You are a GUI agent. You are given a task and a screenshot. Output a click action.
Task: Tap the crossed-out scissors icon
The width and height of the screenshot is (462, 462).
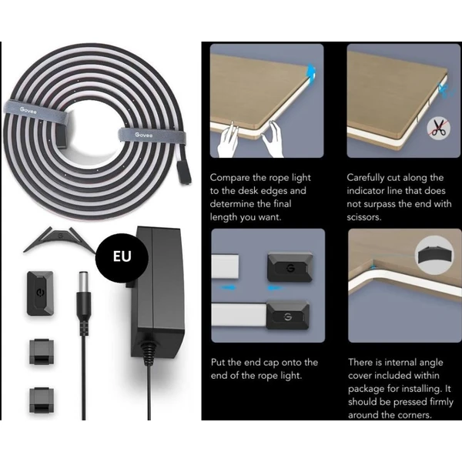tap(439, 128)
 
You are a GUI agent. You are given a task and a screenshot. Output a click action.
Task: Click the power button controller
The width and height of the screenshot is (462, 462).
tap(40, 293)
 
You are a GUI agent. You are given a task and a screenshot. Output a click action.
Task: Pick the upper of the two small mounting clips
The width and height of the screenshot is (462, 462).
tap(42, 352)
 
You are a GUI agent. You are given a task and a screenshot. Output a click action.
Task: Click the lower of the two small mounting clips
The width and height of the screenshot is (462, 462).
tap(42, 400)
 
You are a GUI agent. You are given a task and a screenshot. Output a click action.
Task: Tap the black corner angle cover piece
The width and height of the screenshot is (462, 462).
tap(60, 239)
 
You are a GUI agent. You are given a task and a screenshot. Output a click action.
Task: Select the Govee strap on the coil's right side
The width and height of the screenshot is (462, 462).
tap(152, 135)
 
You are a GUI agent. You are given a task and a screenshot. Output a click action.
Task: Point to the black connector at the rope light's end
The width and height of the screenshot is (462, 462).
tap(183, 172)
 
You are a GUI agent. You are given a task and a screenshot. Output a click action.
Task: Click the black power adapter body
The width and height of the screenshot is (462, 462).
tap(158, 292)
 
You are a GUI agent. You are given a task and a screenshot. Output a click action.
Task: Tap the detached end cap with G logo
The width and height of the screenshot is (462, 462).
tap(290, 266)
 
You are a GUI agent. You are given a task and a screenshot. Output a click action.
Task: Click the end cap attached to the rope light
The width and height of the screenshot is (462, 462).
tap(287, 315)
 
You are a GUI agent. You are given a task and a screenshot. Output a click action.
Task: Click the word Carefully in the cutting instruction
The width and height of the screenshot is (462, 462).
tap(365, 178)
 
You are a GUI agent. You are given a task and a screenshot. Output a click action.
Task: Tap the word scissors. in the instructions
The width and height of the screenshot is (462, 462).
tap(364, 217)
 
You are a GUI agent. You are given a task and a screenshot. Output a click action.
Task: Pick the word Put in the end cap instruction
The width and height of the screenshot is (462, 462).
tap(219, 362)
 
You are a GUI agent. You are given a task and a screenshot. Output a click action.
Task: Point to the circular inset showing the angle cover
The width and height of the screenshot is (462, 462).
tap(434, 255)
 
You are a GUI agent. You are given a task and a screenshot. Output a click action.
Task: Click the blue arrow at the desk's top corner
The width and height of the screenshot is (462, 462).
tap(311, 72)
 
